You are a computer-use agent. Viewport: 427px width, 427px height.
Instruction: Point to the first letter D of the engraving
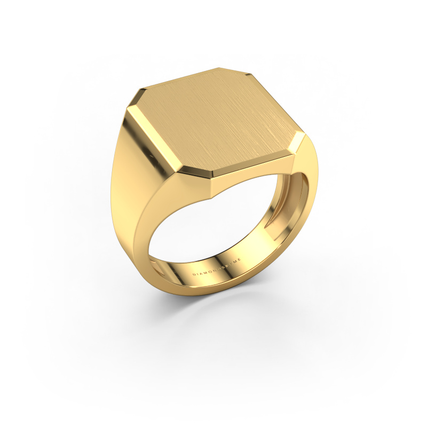(194, 273)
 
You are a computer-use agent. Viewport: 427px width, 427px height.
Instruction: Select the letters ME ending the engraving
(240, 272)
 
